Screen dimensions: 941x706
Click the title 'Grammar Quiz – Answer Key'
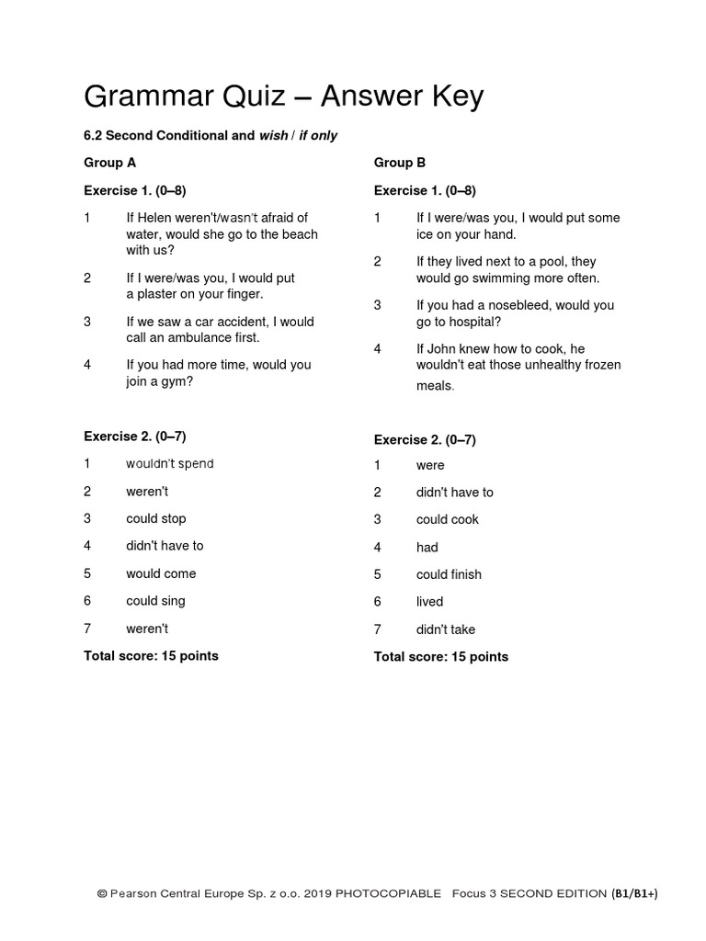[283, 96]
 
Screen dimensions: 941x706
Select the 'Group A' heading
[110, 163]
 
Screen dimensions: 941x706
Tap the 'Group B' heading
[400, 163]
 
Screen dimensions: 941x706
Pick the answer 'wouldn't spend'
[170, 464]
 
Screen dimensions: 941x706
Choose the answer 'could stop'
[156, 518]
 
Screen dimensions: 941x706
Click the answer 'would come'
[161, 573]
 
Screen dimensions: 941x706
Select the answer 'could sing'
[155, 601]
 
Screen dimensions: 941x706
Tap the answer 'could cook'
[447, 519]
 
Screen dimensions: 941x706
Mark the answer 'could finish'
[449, 574]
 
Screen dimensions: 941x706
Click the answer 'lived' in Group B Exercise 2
[429, 602]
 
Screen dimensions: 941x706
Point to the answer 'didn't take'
[446, 629]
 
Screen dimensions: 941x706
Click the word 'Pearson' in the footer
[136, 893]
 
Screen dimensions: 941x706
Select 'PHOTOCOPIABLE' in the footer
[388, 893]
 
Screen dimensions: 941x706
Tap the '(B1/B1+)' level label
[635, 893]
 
